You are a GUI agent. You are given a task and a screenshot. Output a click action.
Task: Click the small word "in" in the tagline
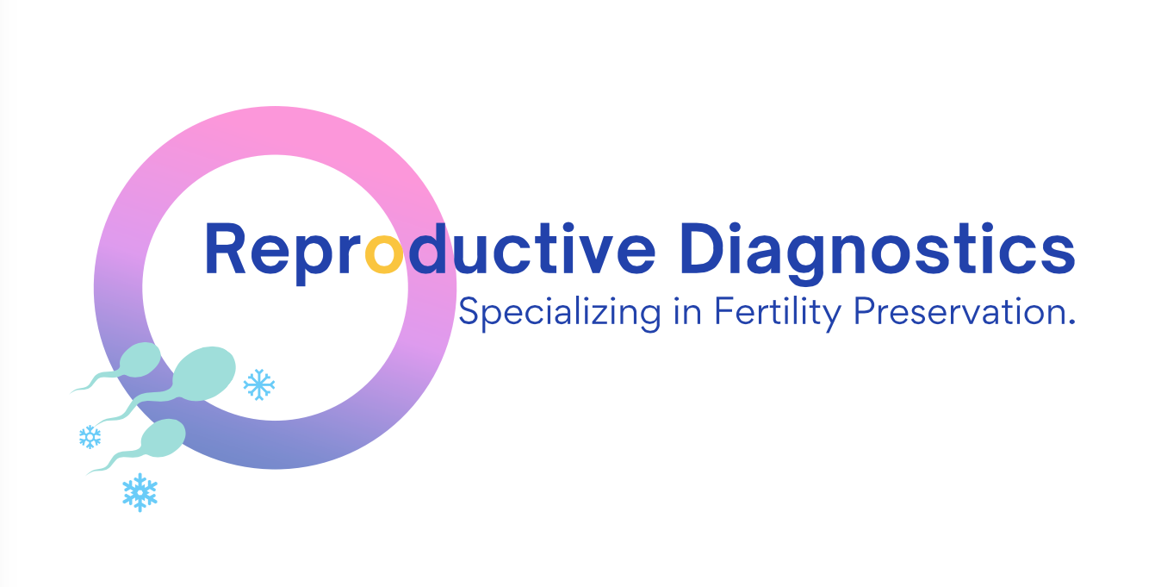tap(686, 311)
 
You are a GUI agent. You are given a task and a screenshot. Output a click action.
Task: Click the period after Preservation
tap(1071, 322)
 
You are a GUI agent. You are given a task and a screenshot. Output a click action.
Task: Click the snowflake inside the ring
tap(259, 384)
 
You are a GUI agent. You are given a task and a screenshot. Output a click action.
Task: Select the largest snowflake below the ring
tap(140, 492)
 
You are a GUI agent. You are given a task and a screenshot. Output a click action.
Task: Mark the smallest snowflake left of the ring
tap(90, 437)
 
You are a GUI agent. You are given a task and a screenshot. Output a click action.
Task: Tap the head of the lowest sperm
tap(164, 437)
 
